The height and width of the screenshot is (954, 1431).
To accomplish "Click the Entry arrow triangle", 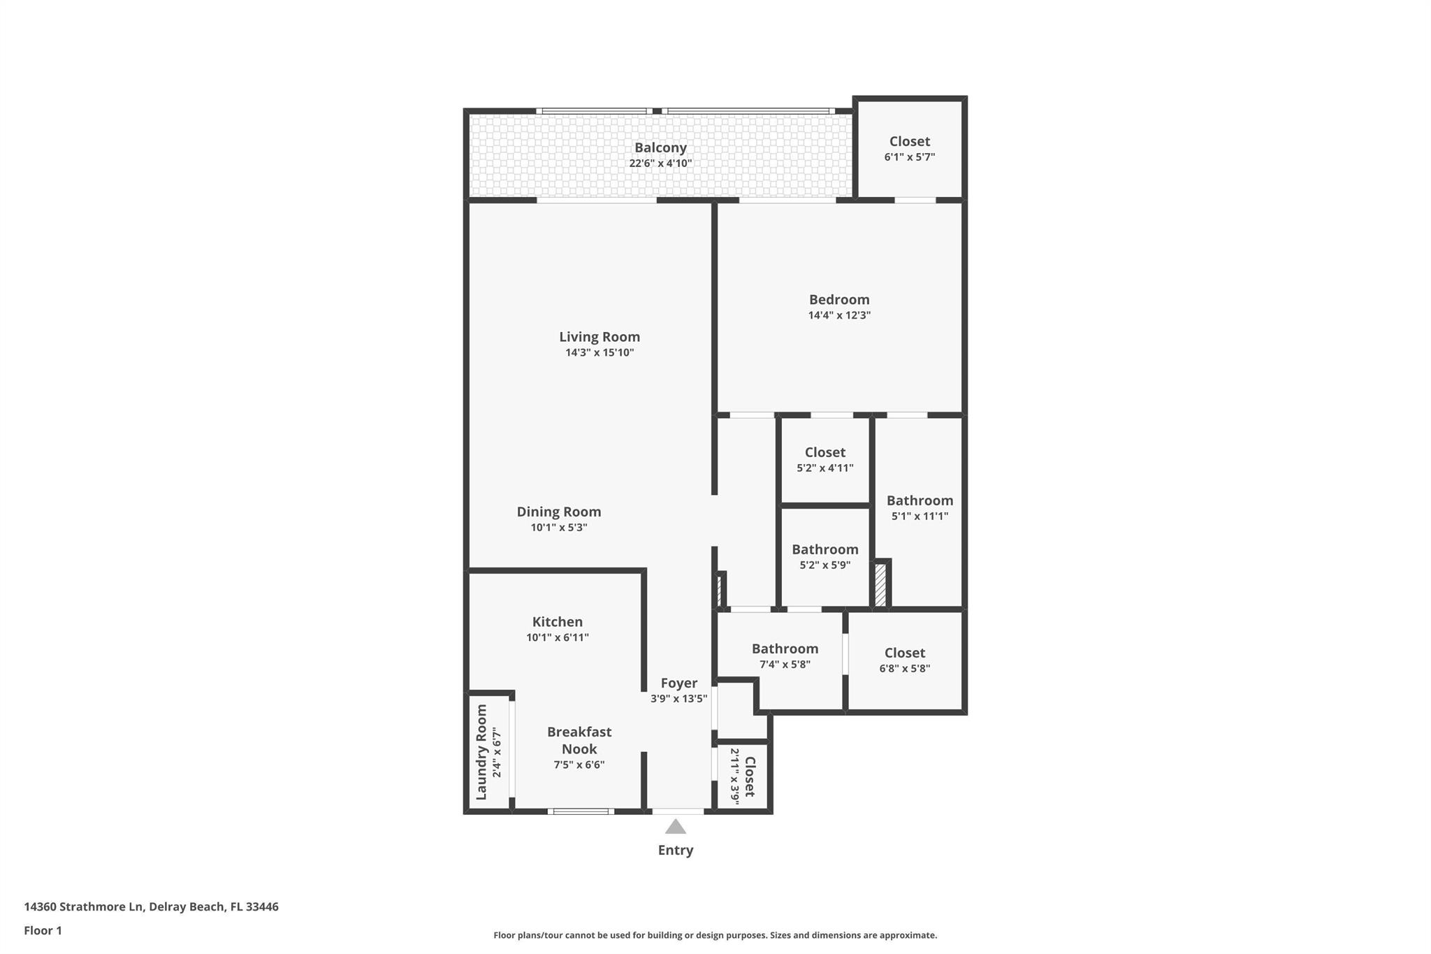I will point(675,827).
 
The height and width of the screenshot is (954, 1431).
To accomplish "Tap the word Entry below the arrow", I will point(675,851).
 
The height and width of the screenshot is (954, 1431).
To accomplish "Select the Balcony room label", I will point(660,147).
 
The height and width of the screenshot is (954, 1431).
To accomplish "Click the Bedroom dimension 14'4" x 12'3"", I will point(839,315).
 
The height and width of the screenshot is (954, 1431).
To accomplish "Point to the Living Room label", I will point(600,337).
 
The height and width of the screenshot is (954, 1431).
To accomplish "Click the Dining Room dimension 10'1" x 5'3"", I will point(558,528).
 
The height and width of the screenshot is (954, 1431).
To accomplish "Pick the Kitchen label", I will point(557,622).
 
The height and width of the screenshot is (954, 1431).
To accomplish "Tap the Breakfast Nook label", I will point(579,740).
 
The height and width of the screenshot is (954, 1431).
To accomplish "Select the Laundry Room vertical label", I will point(481,752).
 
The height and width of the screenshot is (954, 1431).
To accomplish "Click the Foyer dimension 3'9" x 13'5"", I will point(678,698).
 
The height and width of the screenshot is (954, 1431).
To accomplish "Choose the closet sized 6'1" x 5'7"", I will point(909,149).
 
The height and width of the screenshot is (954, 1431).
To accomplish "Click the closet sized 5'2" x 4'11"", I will point(825,460).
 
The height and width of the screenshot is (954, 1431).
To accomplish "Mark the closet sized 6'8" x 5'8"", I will point(904,660).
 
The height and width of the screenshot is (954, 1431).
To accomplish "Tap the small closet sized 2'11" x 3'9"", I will point(743,776).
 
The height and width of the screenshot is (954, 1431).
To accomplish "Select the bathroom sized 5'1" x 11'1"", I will point(920,508).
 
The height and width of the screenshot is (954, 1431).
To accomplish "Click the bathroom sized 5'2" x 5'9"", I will point(825,557).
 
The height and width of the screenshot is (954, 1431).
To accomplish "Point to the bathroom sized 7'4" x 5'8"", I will point(785,656).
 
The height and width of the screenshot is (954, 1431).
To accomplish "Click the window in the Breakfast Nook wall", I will point(581,811).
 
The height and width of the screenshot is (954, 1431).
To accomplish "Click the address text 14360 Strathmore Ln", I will point(84,907).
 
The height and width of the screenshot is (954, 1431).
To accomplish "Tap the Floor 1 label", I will point(43,931).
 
